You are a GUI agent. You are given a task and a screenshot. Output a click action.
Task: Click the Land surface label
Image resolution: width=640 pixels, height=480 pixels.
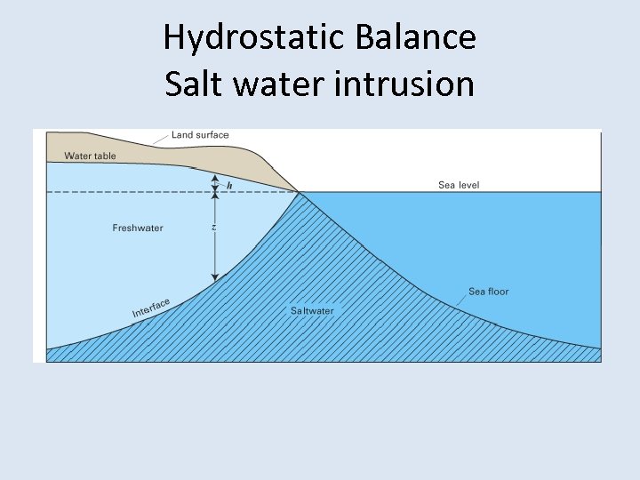tap(200, 135)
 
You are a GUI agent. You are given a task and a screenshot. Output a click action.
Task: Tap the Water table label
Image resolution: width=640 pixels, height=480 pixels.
tap(90, 156)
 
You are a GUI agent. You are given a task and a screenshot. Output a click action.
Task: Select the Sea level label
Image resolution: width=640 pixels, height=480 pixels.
tap(459, 185)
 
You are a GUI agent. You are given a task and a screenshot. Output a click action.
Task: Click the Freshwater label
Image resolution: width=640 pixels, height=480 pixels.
tap(138, 228)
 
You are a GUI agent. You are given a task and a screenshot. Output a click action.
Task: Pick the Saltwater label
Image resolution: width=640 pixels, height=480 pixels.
tap(312, 311)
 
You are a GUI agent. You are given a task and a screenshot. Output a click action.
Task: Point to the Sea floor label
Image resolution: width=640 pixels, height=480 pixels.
tap(488, 292)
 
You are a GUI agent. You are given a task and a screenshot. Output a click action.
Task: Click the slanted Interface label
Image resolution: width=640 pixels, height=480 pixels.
tap(151, 308)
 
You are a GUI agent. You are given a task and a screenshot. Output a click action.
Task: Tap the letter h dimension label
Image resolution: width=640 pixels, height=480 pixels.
tap(229, 186)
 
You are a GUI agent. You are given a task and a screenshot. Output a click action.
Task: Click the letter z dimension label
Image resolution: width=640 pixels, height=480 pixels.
tap(213, 228)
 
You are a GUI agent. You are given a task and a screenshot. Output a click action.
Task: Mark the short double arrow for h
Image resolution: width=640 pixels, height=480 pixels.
tap(213, 183)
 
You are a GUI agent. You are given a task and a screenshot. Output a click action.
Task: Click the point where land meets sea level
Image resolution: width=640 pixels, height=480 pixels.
tap(299, 191)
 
